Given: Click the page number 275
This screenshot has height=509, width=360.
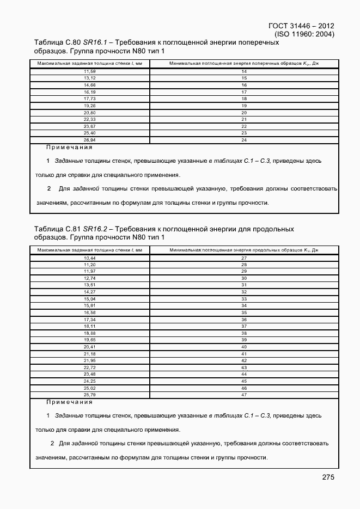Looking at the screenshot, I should (x=327, y=477).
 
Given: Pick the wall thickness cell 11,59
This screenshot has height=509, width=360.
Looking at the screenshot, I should (x=90, y=71).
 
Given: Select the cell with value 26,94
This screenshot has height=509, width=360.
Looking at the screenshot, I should (x=90, y=140).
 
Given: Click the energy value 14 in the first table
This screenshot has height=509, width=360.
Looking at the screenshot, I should (x=244, y=71).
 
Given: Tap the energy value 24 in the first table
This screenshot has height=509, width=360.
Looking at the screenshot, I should (x=244, y=140).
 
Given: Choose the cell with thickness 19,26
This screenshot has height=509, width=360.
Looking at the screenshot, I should (x=90, y=106).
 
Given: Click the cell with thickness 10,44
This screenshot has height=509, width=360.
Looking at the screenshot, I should (x=90, y=257).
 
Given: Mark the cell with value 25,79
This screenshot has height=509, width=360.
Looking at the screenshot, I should (x=90, y=395).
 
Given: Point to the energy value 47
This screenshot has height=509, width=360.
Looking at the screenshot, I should (x=244, y=395).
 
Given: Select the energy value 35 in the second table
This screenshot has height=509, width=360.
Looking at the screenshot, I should (x=244, y=312).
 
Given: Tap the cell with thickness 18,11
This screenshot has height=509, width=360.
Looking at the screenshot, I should (x=90, y=326).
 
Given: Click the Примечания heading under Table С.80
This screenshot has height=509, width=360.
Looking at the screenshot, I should (x=69, y=147).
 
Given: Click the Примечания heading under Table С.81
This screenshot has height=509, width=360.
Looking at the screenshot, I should (x=69, y=402).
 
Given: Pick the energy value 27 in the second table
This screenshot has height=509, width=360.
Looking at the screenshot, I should (x=244, y=257).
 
